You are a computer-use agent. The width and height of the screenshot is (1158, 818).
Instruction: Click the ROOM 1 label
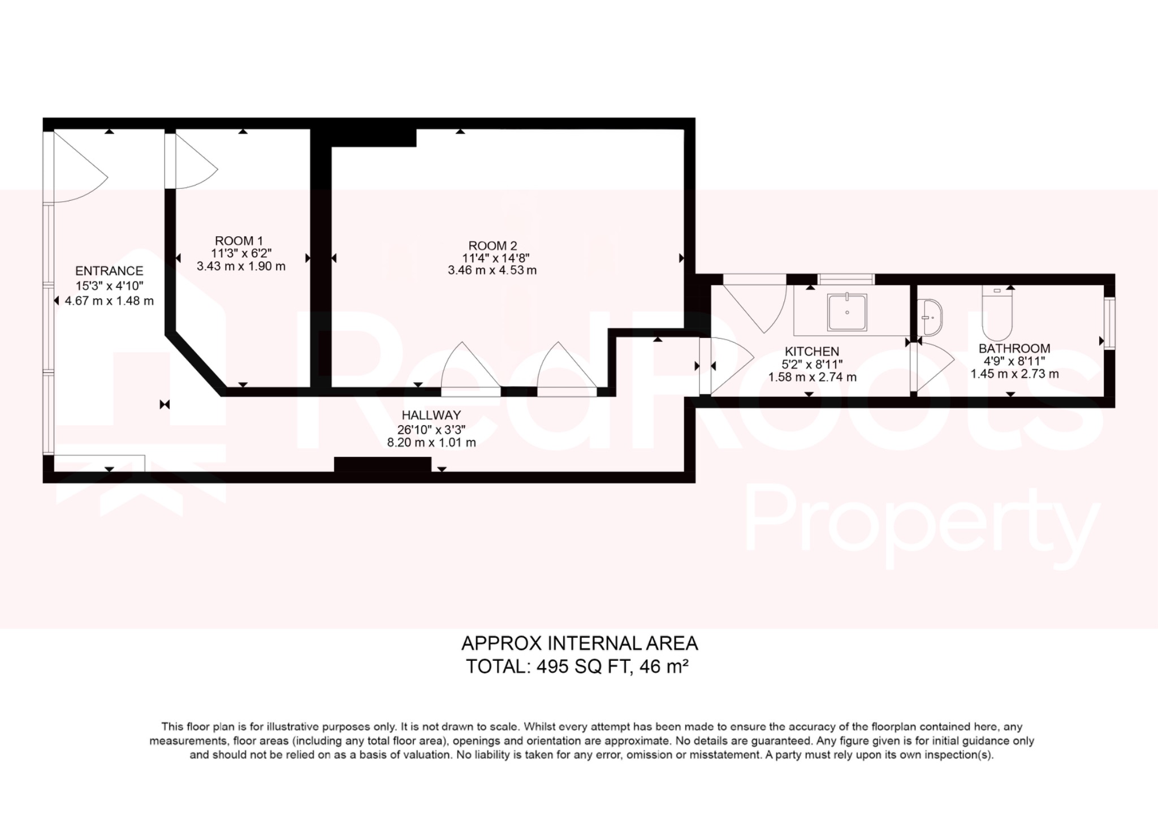pos(239,241)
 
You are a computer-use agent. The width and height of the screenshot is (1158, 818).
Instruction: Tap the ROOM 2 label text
pos(492,246)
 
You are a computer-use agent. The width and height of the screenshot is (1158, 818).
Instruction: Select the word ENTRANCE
pos(109,271)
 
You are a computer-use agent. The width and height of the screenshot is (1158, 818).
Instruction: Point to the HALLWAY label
pos(431,415)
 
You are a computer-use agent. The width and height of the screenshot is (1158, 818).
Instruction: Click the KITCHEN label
pos(812,351)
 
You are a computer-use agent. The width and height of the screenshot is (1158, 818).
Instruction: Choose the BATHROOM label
pos(1014,348)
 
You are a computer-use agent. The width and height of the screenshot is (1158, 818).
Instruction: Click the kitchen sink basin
pos(847,312)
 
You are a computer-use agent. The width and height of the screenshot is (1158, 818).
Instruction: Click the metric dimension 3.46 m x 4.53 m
pos(492,270)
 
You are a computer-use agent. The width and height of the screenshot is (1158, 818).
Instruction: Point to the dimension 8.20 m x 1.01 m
pos(431,443)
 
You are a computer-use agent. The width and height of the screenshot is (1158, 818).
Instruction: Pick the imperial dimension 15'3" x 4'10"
pos(109,286)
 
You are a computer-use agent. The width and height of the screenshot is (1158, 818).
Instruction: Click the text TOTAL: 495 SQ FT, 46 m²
pos(577,667)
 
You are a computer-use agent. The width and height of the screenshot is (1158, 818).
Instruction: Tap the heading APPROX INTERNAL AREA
pos(580,643)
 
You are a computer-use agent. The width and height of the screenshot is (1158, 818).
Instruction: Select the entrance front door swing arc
pos(79,170)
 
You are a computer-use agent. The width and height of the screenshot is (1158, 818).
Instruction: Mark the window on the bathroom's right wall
pos(1109,323)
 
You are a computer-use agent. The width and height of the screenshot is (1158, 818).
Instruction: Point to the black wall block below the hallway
pos(382,464)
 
